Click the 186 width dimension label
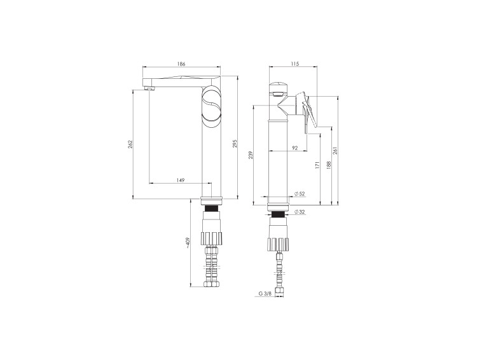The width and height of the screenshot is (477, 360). [181, 64]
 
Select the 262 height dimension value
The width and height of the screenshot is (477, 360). [130, 144]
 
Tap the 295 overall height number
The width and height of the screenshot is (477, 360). [235, 144]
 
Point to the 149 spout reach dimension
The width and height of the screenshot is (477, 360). [181, 180]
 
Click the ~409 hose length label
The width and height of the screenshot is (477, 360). [188, 243]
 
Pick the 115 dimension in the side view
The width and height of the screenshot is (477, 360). [294, 64]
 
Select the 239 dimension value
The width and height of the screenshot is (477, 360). [251, 155]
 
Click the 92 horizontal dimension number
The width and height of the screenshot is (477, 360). [294, 148]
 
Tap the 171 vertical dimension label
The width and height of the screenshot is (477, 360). [317, 165]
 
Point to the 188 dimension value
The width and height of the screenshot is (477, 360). [328, 165]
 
